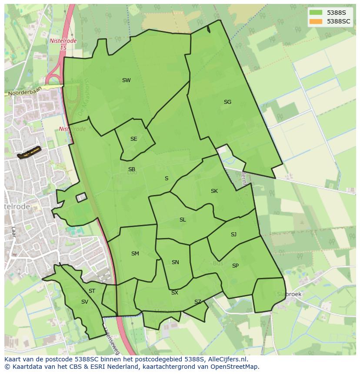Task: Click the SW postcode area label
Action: coord(126,80)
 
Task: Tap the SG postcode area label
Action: coord(227,102)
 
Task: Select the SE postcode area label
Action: coord(133,139)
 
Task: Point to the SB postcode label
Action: coord(132,169)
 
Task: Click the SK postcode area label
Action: coord(214,191)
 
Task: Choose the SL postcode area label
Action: coord(183,220)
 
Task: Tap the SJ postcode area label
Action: coord(233,235)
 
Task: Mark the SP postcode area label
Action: coord(235,266)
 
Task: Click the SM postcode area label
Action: coord(135,254)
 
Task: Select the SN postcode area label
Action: coord(175,262)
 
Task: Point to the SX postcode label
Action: coord(174,293)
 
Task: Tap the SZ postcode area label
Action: coord(198,302)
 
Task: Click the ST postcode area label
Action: coord(92,291)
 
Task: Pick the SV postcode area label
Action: coord(84,302)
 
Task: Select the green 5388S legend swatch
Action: coord(316,13)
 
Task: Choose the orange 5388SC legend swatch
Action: coord(316,21)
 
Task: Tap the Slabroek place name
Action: coord(289,294)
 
